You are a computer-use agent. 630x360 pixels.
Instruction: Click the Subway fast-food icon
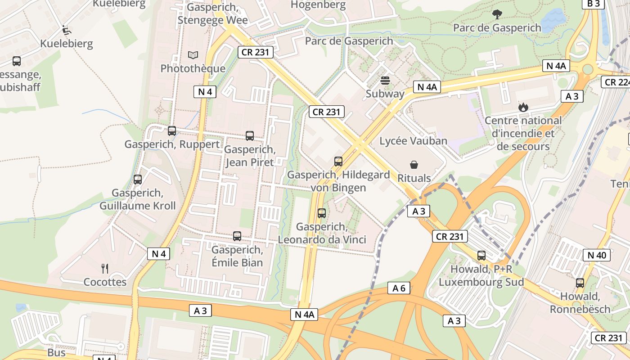[x=385, y=81]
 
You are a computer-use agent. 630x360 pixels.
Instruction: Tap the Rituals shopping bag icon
[x=414, y=165]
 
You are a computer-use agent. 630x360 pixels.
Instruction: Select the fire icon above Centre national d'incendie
[x=522, y=107]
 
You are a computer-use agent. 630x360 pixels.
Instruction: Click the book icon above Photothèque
[x=193, y=55]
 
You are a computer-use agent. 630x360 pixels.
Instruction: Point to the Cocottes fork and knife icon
[x=105, y=269]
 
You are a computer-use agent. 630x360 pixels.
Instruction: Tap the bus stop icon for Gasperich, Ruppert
[x=172, y=131]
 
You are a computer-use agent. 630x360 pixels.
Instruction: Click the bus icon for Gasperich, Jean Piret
[x=250, y=135]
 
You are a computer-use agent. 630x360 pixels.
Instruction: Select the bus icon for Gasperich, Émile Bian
[x=237, y=236]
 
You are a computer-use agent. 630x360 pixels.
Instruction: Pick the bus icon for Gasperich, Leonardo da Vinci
[x=322, y=213]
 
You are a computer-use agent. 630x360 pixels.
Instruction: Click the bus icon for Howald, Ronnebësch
[x=580, y=283]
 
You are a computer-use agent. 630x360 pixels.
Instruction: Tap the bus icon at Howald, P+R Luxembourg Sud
[x=481, y=256]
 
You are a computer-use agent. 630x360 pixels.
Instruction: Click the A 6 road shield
[x=399, y=288]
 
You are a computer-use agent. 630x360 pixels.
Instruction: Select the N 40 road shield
[x=597, y=255]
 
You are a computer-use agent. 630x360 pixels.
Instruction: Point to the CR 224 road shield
[x=616, y=82]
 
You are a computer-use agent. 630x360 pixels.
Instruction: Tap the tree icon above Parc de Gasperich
[x=497, y=14]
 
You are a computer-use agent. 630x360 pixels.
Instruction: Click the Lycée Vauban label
[x=413, y=141]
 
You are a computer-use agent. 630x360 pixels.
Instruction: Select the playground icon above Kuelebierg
[x=67, y=30]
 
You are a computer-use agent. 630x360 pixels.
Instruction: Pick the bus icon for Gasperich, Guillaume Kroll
[x=138, y=179]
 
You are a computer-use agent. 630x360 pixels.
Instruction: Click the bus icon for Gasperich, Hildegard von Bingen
[x=338, y=161]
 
